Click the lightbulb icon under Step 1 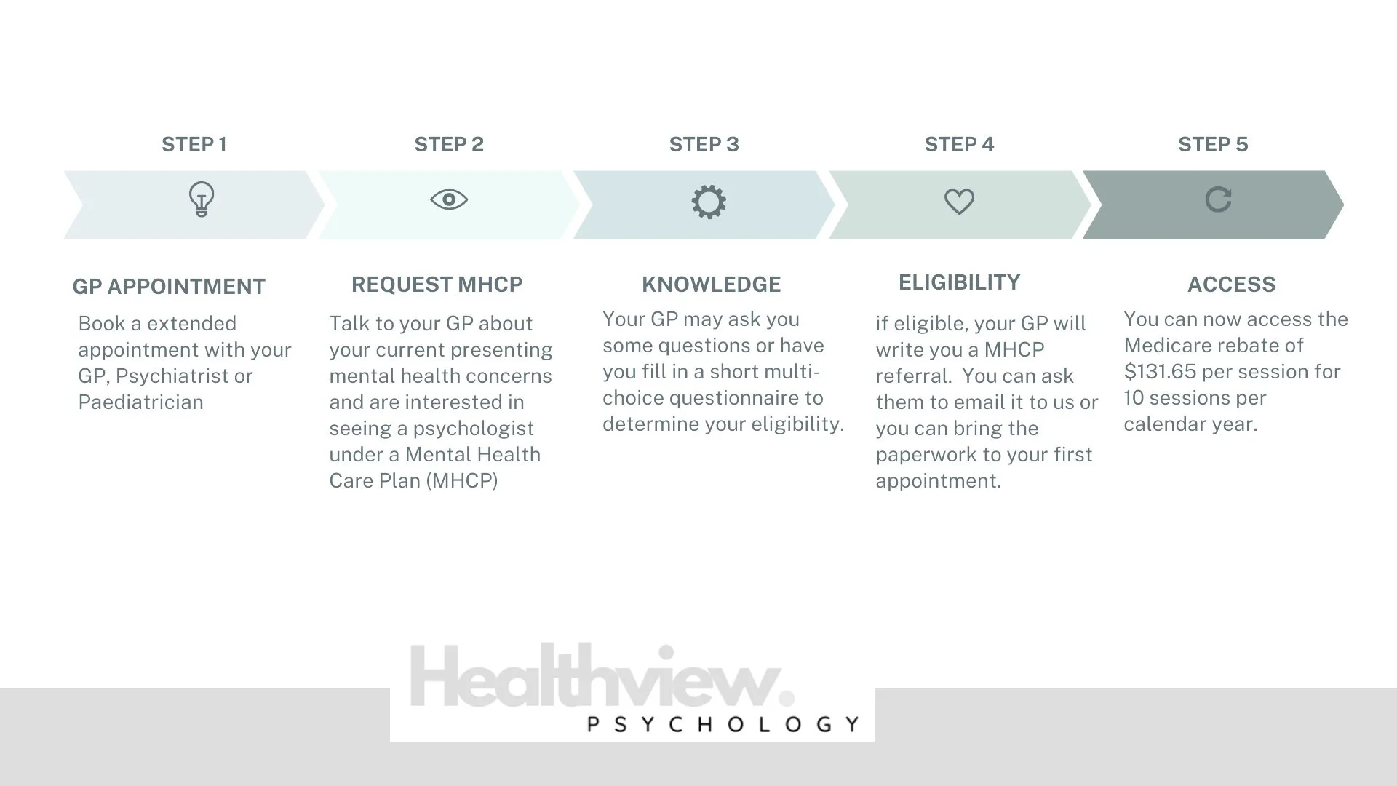click(x=202, y=199)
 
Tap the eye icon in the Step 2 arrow click(x=449, y=199)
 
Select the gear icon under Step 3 click(x=708, y=202)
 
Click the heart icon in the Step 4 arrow click(x=959, y=202)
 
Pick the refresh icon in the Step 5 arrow click(x=1218, y=199)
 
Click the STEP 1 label click(x=194, y=144)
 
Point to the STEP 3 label click(x=704, y=144)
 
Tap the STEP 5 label click(x=1213, y=144)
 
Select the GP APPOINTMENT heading click(x=169, y=287)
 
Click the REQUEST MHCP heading click(x=437, y=285)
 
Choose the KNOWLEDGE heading click(x=711, y=285)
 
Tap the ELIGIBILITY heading click(x=959, y=282)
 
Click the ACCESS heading click(x=1231, y=285)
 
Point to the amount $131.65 click(x=1160, y=372)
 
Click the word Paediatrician click(x=140, y=402)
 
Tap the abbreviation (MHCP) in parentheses click(x=465, y=481)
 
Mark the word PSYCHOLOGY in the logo click(x=723, y=724)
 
